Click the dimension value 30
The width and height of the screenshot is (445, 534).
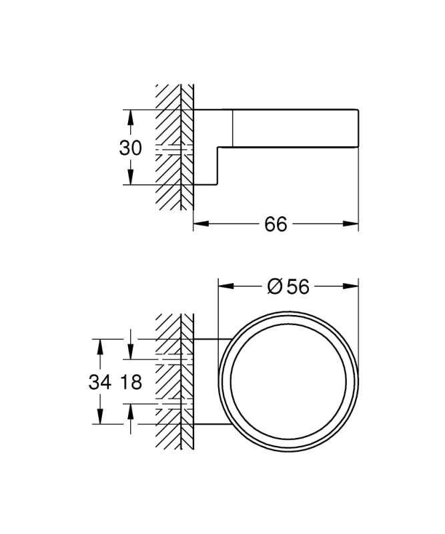[x=130, y=148]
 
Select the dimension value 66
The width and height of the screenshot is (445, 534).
[x=276, y=224]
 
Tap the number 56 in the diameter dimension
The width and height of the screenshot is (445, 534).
[x=298, y=286]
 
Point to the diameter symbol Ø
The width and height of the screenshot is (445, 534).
[x=275, y=286]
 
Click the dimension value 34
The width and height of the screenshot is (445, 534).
[x=100, y=382]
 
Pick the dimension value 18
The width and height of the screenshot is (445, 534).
[x=131, y=382]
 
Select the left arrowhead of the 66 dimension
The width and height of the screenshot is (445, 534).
[x=201, y=224]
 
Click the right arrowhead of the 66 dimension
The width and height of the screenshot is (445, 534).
[x=351, y=224]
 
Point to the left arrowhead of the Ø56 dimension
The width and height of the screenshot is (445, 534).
[x=226, y=286]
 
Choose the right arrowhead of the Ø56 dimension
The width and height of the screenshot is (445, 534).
[x=351, y=286]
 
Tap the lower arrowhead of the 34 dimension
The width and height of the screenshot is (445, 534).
[x=100, y=417]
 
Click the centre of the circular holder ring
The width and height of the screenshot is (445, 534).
[x=288, y=382]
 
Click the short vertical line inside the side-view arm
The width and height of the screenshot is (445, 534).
[x=233, y=128]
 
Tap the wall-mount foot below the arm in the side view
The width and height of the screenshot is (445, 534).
[x=205, y=166]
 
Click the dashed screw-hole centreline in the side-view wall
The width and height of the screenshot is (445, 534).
[x=174, y=149]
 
